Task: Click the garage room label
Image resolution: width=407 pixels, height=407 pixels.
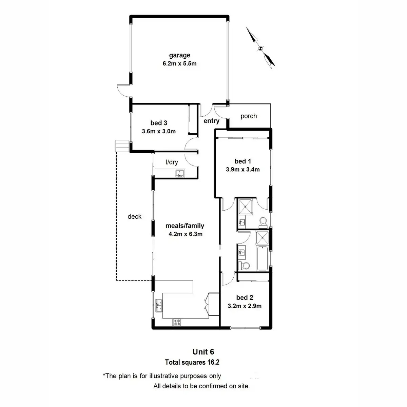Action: click(x=179, y=55)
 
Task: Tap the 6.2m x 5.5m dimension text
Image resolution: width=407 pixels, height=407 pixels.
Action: click(x=179, y=63)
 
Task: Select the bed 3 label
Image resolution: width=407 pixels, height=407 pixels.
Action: click(x=159, y=123)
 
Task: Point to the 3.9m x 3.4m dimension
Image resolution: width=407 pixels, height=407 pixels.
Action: click(x=243, y=170)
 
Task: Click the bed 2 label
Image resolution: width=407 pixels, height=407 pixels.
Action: click(x=245, y=297)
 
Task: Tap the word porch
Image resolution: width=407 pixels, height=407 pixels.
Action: click(x=249, y=116)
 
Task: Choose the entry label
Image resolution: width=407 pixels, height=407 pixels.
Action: click(x=211, y=121)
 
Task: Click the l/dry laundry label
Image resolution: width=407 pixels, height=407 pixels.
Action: click(x=172, y=162)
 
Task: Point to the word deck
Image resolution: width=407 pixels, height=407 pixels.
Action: click(x=134, y=216)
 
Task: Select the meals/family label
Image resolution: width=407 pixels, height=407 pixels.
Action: click(x=185, y=226)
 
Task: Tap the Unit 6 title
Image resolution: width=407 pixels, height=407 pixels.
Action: click(x=203, y=352)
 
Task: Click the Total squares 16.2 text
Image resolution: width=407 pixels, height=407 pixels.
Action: click(x=192, y=362)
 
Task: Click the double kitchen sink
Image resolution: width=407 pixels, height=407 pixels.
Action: click(x=158, y=305)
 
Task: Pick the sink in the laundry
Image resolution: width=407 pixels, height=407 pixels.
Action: click(x=179, y=174)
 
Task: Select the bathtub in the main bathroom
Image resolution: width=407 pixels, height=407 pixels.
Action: click(x=262, y=258)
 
